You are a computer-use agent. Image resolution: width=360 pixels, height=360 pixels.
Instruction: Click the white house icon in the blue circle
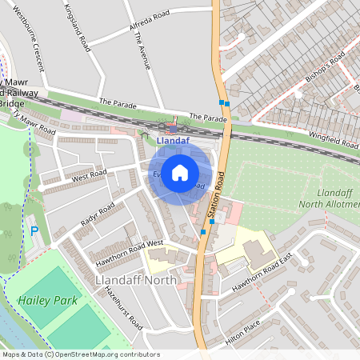(x=180, y=172)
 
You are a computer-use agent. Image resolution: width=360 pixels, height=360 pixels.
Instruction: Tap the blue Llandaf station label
(x=174, y=142)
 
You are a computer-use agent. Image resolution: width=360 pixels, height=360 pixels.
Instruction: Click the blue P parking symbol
(x=34, y=231)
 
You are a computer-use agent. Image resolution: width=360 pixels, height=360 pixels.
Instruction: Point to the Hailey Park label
(x=42, y=301)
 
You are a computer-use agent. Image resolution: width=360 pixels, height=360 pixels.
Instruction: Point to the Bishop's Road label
(x=326, y=61)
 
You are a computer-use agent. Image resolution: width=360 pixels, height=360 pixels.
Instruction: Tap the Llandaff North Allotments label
(x=330, y=199)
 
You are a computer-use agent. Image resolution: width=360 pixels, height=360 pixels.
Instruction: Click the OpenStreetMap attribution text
(x=81, y=354)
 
